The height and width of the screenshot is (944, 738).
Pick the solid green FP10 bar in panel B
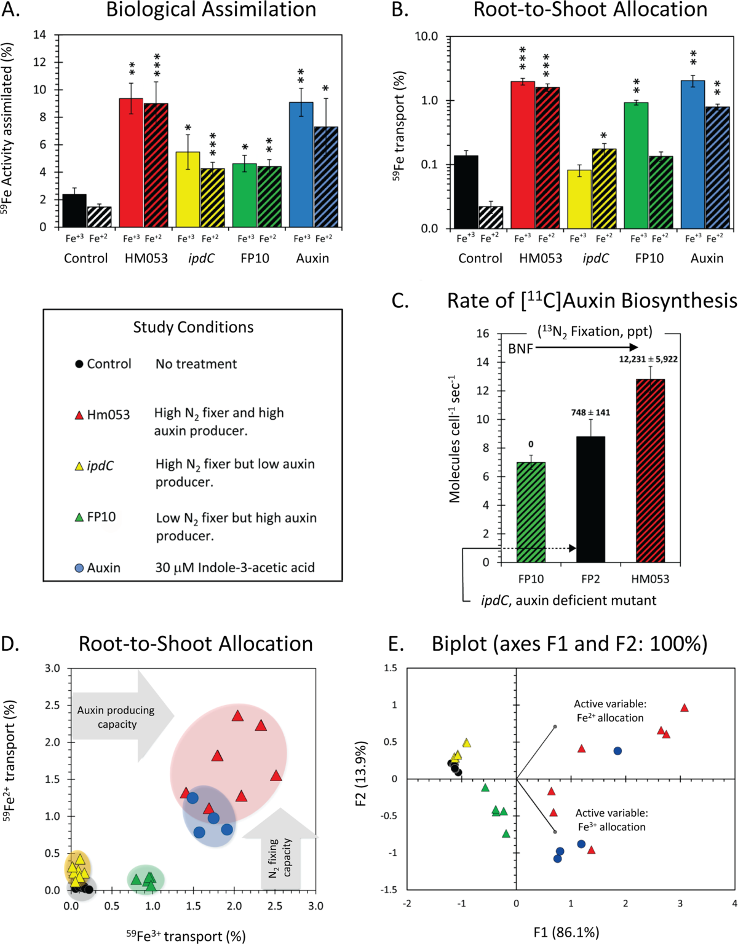pos(636,166)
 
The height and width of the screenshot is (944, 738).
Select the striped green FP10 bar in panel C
pos(531,513)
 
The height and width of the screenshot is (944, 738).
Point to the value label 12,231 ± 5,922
pos(648,359)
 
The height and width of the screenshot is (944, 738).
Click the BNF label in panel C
pos(520,348)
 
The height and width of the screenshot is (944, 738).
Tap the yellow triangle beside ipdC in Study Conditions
pos(79,466)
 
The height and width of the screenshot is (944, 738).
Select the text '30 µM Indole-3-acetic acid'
pos(235,567)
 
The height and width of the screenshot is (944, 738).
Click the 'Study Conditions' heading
pos(193,327)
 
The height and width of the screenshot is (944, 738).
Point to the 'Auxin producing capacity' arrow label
pos(116,717)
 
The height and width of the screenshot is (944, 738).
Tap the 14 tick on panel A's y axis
pos(40,35)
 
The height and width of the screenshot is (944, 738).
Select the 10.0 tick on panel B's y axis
pos(427,37)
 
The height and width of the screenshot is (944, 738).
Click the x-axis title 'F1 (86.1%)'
pos(566,932)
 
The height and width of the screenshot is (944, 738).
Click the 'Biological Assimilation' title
pos(211,10)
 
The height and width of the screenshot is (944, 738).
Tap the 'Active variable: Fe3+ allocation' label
pos(611,820)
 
